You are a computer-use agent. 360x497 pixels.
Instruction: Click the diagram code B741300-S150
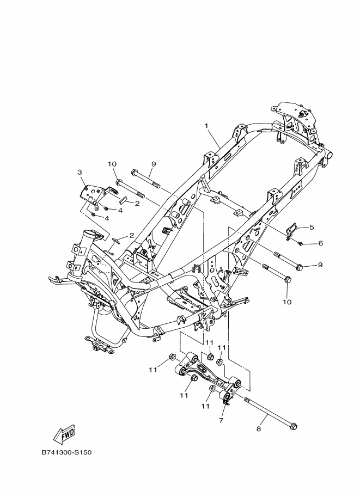[x=66, y=452]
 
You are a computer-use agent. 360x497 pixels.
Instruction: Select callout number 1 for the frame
[x=206, y=126]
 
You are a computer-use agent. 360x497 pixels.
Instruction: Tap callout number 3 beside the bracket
[x=80, y=172]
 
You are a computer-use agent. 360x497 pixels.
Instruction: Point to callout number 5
[x=312, y=227]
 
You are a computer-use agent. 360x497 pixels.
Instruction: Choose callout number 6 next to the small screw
[x=320, y=243]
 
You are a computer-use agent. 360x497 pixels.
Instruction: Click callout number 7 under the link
[x=221, y=420]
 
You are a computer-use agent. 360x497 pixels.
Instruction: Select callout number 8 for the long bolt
[x=259, y=429]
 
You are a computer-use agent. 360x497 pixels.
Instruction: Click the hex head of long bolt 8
[x=294, y=427]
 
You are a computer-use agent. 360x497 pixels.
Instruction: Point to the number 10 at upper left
[x=112, y=164]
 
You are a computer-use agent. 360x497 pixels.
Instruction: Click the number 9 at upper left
[x=154, y=164]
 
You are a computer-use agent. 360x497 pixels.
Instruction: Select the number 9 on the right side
[x=320, y=265]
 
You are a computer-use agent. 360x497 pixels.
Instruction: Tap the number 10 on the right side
[x=287, y=302]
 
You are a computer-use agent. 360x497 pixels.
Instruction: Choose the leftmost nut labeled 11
[x=173, y=357]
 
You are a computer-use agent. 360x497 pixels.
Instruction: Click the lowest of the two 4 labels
[x=107, y=218]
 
